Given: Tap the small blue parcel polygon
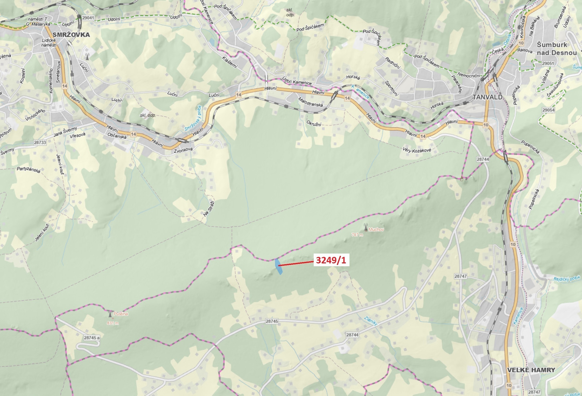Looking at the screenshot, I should point(278,267).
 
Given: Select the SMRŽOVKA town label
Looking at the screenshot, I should point(71,35).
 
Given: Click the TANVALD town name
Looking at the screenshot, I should point(488,97).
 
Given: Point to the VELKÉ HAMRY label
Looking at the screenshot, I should point(531,370).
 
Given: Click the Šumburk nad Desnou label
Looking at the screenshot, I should point(556,49).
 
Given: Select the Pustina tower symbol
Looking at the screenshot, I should point(110,314).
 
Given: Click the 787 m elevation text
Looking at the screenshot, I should point(357,235).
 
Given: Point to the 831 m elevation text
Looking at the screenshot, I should point(113,323).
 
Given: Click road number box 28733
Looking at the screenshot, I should point(40,142).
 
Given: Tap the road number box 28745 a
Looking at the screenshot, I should point(92,338).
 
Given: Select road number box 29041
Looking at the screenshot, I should point(88,18).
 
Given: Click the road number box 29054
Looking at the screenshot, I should point(548,110).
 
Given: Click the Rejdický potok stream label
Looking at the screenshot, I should point(567,279).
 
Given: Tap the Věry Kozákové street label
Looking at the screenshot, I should point(417,150).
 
